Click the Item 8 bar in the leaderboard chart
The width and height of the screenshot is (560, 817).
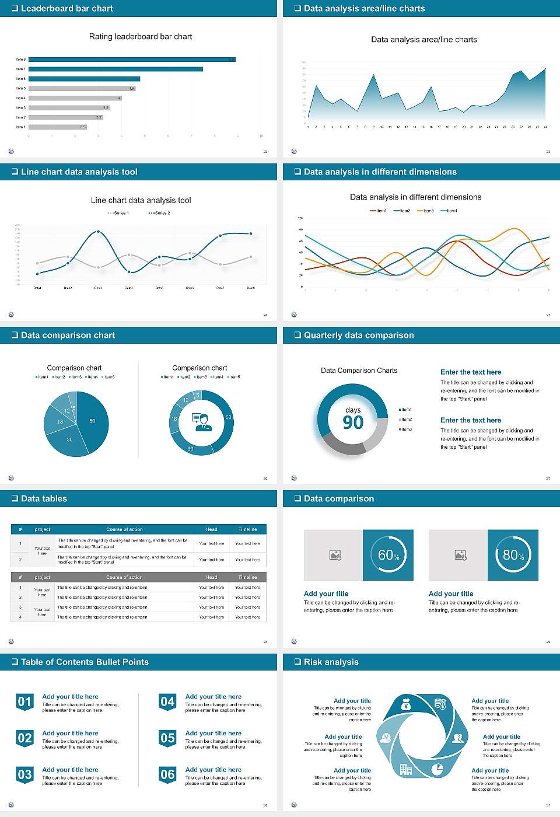(x=132, y=60)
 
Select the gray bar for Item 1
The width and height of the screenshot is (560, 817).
(x=57, y=127)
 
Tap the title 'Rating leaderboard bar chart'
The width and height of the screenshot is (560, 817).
(x=140, y=36)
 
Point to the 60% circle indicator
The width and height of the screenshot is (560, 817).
(x=388, y=555)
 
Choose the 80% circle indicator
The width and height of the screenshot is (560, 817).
(x=513, y=555)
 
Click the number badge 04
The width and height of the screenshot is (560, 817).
(x=167, y=702)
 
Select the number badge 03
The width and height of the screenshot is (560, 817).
(x=24, y=775)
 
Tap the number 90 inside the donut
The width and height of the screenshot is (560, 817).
(x=353, y=423)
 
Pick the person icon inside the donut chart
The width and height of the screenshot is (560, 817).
(x=201, y=422)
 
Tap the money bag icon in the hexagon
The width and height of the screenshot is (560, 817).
(x=407, y=706)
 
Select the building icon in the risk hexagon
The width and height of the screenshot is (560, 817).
(x=406, y=770)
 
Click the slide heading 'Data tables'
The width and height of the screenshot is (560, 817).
(x=44, y=498)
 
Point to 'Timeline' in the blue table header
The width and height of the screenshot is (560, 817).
(x=247, y=529)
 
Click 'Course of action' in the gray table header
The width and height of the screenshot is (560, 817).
(x=124, y=577)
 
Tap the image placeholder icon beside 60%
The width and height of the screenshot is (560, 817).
(x=335, y=555)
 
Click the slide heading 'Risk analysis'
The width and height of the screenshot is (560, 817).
(x=331, y=662)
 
